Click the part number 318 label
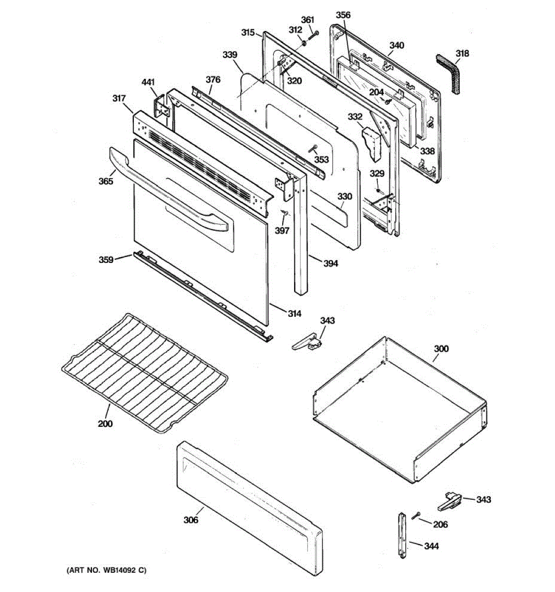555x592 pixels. coord(462,54)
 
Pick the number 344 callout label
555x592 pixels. coord(431,546)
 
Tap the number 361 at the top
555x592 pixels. coord(307,20)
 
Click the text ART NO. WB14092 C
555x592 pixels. coord(107,570)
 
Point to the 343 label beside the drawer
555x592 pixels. coord(483,500)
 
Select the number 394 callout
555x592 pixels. coord(331,263)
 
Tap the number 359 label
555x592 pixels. coord(106,259)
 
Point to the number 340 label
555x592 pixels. coord(396,45)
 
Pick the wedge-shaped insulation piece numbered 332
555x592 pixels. coord(373,144)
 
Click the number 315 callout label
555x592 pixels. coord(248,33)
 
